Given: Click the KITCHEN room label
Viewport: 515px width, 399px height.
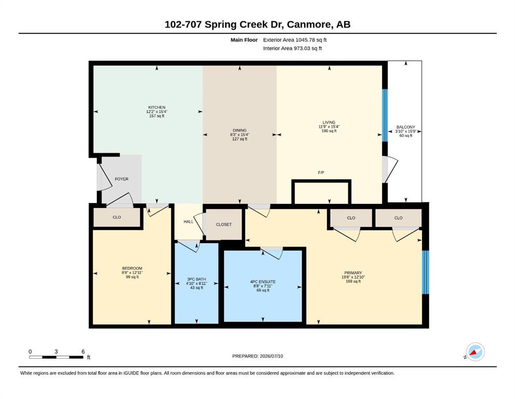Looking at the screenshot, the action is click(157, 107).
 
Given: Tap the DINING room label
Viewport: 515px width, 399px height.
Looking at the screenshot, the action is click(240, 130).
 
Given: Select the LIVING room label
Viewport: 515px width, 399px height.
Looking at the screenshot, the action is click(329, 123).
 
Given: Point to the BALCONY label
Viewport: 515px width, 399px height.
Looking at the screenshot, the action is click(406, 127).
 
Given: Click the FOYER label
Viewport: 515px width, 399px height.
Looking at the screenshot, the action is click(121, 179).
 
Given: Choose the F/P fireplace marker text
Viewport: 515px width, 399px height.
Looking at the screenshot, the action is click(321, 172).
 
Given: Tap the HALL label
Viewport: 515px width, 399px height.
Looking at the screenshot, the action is click(188, 222).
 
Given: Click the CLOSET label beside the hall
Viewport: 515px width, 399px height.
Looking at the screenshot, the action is click(224, 224).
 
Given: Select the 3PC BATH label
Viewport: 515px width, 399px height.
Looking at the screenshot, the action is click(197, 280).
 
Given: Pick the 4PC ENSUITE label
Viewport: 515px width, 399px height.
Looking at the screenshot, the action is click(263, 282).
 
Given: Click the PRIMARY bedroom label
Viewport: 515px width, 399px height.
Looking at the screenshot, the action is click(353, 273).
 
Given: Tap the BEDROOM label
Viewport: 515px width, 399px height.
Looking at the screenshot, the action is click(132, 269).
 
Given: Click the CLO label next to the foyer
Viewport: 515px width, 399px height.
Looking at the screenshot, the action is click(117, 218).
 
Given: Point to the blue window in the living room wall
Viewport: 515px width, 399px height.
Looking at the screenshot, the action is click(385, 115).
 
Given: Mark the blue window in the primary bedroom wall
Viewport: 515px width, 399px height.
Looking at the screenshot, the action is click(425, 272).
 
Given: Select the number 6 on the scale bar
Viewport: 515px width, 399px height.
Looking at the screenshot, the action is click(83, 352).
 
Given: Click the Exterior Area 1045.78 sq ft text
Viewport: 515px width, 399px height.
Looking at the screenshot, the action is click(295, 40).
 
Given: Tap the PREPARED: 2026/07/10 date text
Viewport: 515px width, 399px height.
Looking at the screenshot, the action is click(257, 356).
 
